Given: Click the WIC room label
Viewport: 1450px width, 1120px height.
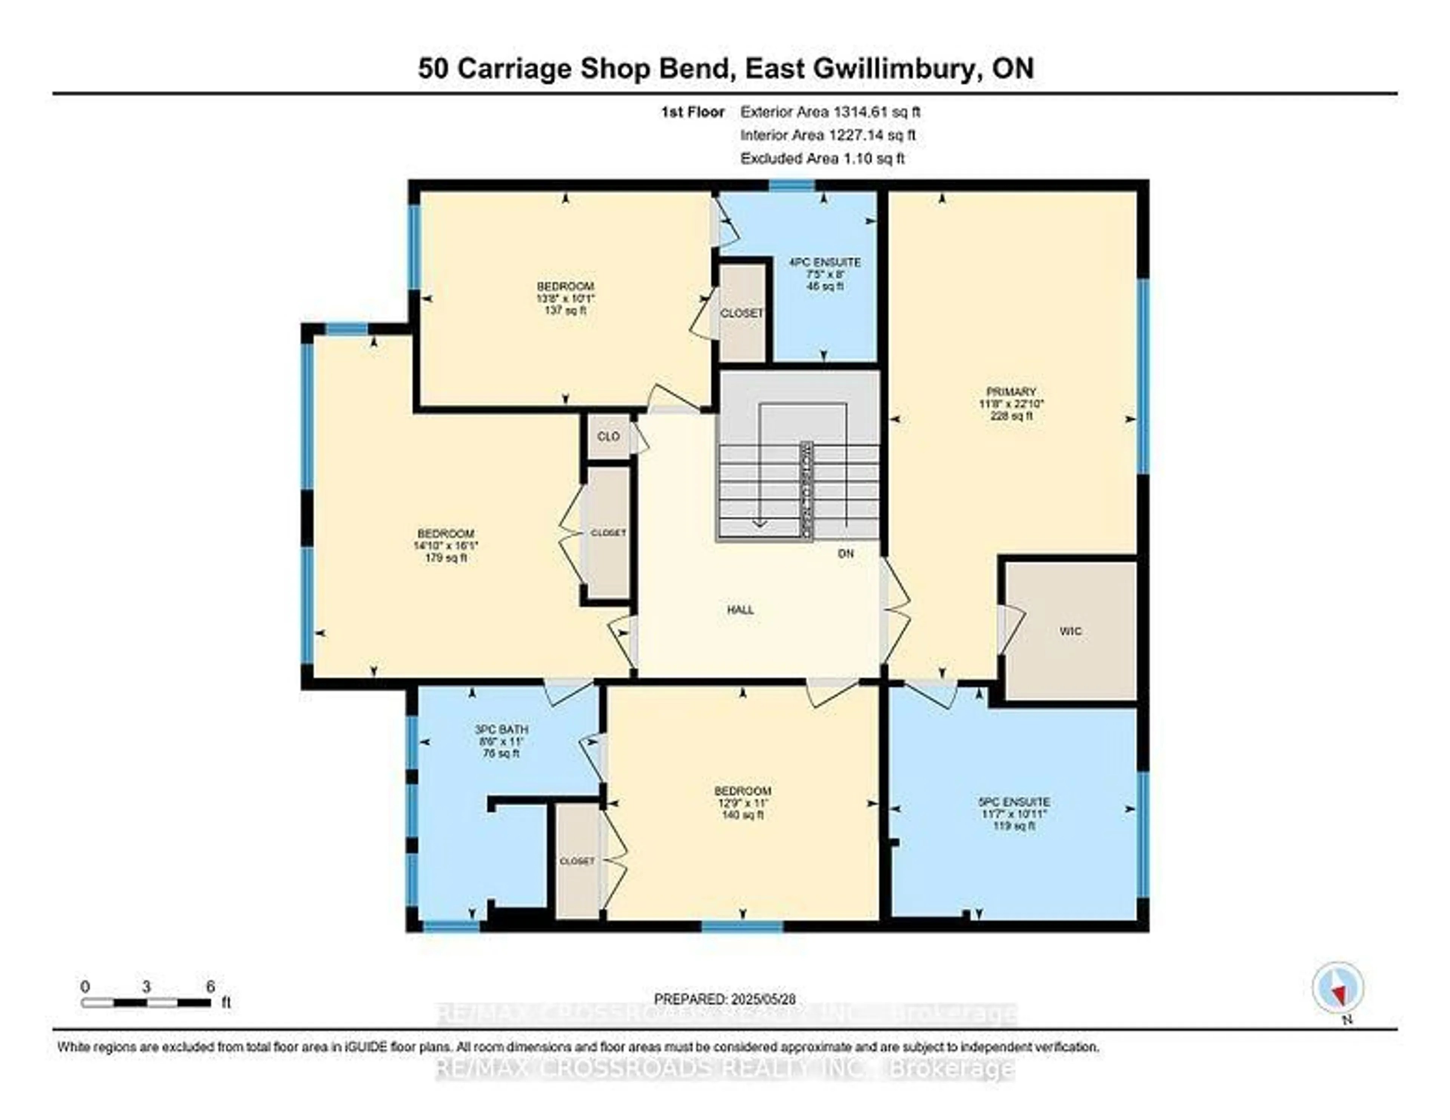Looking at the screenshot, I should [1070, 631].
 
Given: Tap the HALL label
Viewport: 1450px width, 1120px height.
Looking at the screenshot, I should [740, 610].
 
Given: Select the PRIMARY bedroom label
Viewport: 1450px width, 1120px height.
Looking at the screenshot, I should [1011, 392].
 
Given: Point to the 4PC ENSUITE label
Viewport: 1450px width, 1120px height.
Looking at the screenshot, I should [825, 263].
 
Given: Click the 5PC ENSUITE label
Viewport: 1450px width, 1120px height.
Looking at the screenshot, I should [1013, 802].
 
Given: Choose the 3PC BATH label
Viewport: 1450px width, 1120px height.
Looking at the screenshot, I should [501, 729].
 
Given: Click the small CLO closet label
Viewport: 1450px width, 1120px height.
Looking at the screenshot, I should [608, 436].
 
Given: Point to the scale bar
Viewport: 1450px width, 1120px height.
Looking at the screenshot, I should [146, 1003].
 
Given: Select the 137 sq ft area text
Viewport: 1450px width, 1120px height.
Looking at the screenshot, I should [565, 310].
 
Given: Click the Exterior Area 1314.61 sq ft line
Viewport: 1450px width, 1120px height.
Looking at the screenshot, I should [830, 112].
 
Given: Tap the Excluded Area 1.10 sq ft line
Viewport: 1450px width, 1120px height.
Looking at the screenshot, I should [822, 159].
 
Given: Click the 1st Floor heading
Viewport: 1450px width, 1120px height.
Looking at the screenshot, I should [693, 112].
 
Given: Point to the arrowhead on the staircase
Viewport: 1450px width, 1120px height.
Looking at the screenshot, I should [759, 524].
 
